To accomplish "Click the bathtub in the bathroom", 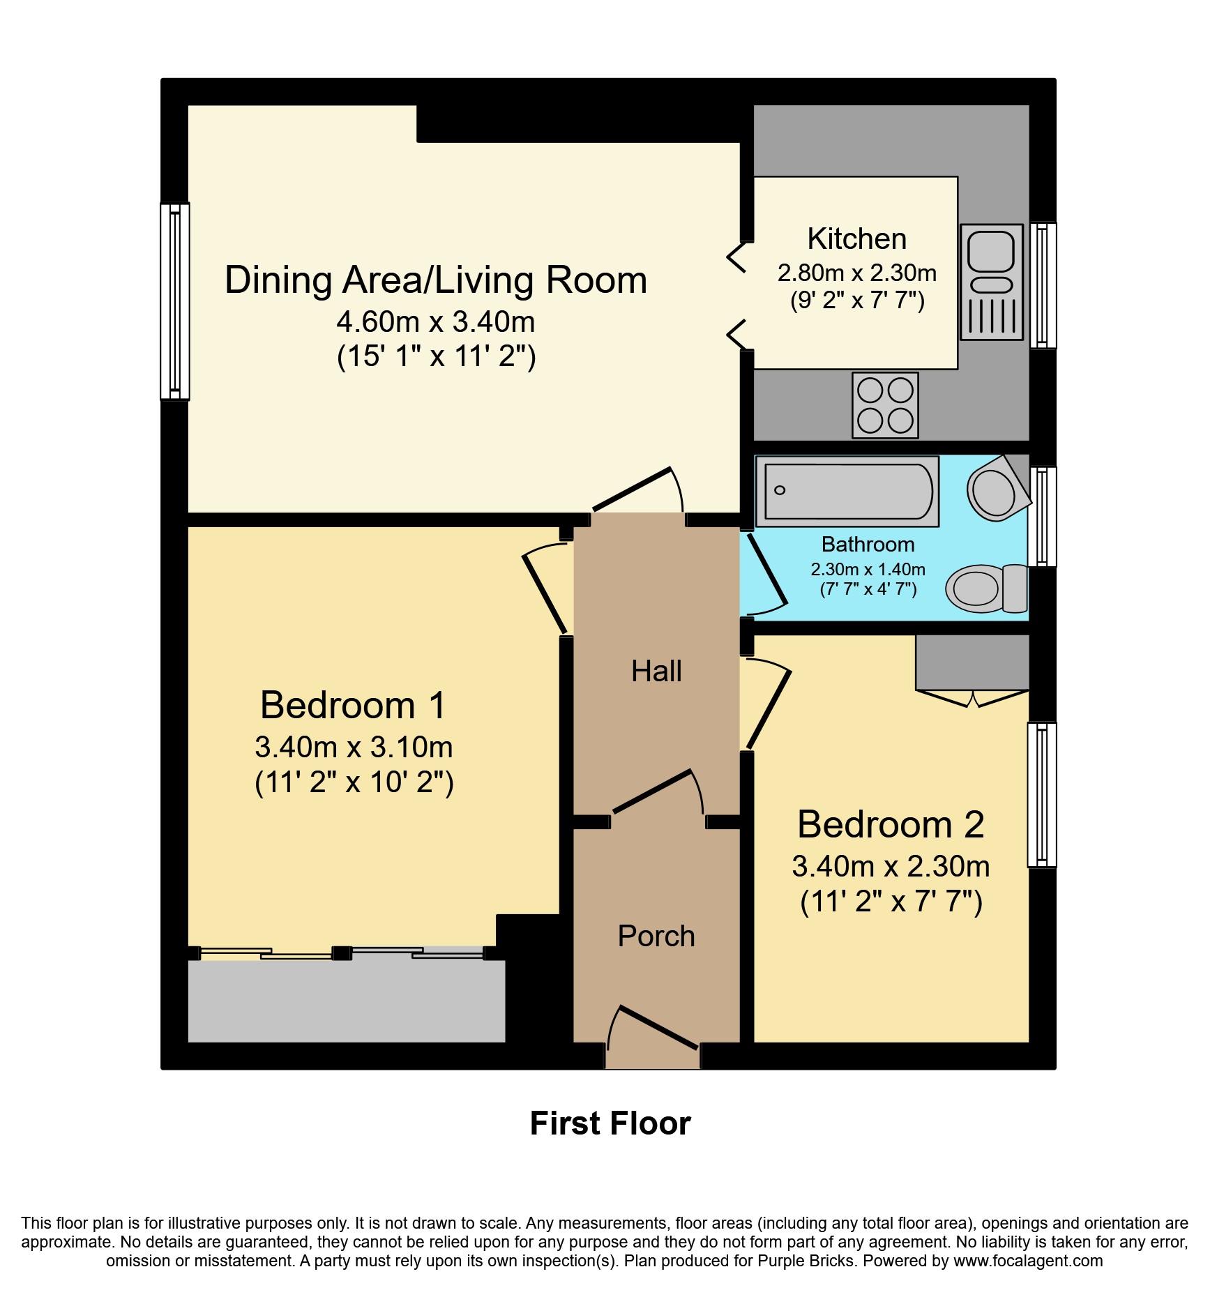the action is tap(847, 491).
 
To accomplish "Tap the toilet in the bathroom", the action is tap(986, 589).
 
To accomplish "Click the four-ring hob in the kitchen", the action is tap(885, 405).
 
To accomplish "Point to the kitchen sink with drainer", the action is tap(992, 282).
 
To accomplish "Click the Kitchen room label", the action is tap(857, 239).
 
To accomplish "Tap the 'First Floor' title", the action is tap(610, 1123).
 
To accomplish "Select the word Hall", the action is tap(656, 671).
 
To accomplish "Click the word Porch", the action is tap(656, 936).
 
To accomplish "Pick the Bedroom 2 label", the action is tap(891, 824).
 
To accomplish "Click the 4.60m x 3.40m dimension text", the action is tap(436, 322).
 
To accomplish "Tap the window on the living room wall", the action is tap(175, 301).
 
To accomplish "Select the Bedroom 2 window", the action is tap(1042, 795).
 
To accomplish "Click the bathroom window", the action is tap(1043, 517).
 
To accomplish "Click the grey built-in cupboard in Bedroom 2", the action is tap(972, 662).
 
